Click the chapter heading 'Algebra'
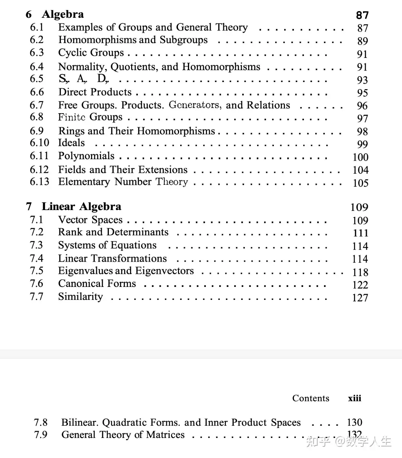click(62, 14)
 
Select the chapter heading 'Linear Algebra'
click(81, 206)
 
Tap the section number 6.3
click(37, 53)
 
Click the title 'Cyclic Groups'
click(91, 53)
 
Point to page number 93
click(362, 80)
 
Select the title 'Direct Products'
click(95, 92)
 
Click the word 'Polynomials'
click(86, 156)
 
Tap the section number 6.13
click(39, 181)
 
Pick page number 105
click(360, 183)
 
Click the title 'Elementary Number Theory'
click(123, 182)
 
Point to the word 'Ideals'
click(71, 143)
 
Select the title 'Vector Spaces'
click(90, 220)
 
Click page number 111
click(360, 233)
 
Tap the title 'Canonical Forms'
click(97, 284)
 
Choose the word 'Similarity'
click(80, 297)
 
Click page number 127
click(360, 298)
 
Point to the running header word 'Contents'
click(311, 398)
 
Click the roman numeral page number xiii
click(354, 398)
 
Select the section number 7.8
click(40, 422)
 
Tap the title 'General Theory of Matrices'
click(123, 435)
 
